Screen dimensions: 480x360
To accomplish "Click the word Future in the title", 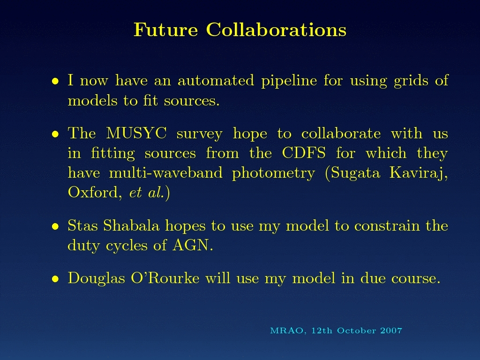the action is coord(165,30).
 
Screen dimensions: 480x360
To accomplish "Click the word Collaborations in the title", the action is coord(276,30).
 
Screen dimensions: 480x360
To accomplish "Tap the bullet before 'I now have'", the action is coord(55,81).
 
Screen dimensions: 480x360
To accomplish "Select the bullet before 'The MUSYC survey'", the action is coord(55,134).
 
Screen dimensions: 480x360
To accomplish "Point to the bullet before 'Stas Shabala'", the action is coord(55,226).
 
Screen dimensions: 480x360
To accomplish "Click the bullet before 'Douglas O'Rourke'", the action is coord(55,279).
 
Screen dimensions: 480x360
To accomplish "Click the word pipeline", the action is coord(289,81).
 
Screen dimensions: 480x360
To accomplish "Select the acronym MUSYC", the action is coord(136,133).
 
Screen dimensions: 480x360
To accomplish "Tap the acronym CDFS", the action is coord(304,153).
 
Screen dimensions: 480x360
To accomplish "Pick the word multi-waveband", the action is coord(166,172).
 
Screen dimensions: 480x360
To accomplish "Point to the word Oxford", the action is coord(93,193).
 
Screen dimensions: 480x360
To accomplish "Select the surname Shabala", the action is coord(131,225).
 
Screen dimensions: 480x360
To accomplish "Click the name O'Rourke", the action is coord(165,278).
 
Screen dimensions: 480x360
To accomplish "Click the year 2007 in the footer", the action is coord(391,330).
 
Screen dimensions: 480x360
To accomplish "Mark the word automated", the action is coord(216,81).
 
